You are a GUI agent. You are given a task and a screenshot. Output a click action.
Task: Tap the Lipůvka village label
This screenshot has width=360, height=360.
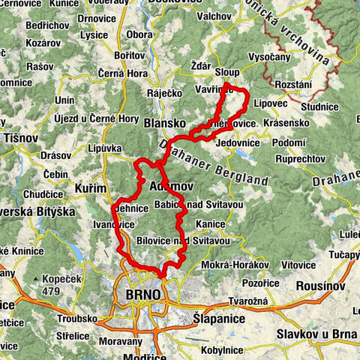(104, 148)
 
